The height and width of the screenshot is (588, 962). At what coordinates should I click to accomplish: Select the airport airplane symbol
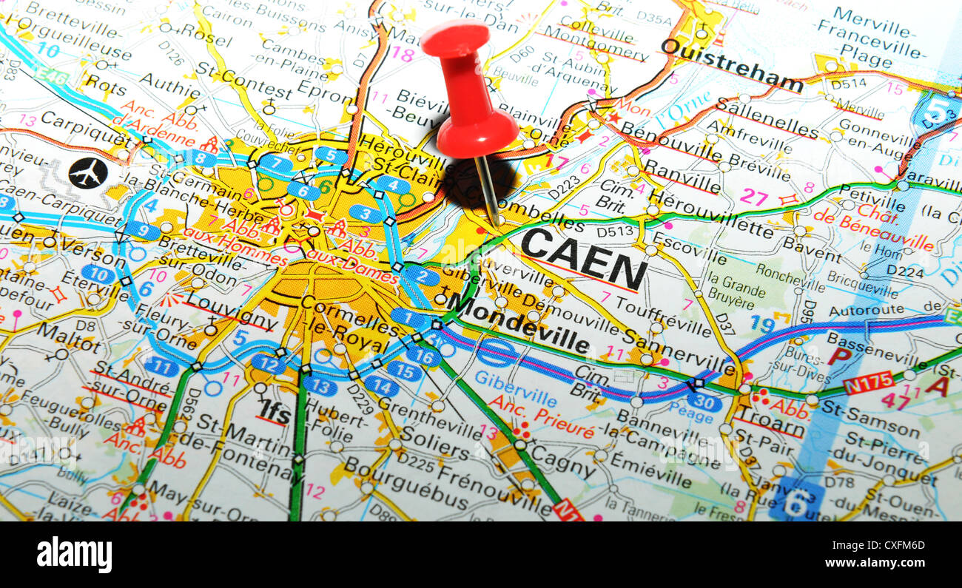(88, 173)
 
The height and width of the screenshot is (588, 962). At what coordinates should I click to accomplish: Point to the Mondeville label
(518, 323)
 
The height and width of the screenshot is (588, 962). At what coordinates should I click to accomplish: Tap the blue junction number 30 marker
(703, 402)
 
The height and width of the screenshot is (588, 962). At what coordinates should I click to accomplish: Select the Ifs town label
(274, 411)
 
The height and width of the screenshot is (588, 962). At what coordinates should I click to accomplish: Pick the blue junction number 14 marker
(380, 385)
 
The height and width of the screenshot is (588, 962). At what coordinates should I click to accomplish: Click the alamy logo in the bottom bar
(74, 555)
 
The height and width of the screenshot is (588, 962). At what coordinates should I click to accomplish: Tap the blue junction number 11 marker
(161, 365)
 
